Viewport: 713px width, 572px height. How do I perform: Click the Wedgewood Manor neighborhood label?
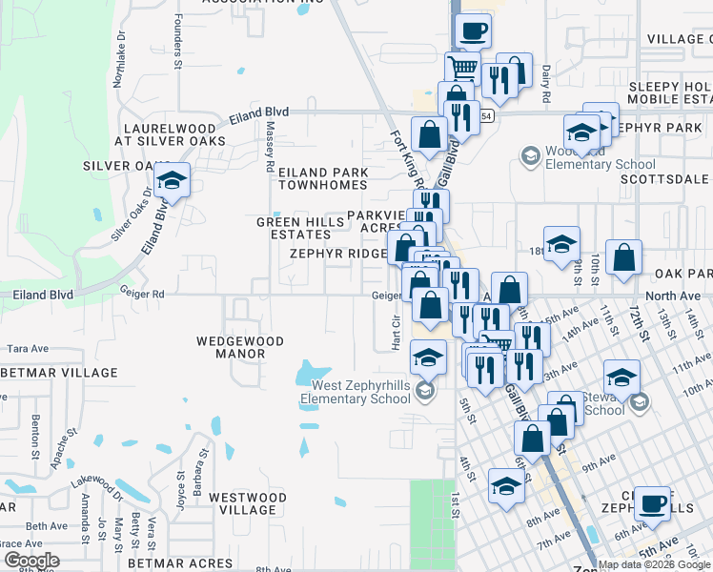[x=230, y=347]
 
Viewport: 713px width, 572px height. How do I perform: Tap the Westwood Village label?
[x=242, y=503]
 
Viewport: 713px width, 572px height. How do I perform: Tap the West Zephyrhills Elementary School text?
[x=360, y=392]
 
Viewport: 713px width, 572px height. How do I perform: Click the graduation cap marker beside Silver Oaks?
[x=173, y=180]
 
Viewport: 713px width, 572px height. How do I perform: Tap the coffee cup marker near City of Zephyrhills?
[x=652, y=504]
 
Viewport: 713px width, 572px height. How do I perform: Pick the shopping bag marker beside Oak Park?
[x=623, y=258]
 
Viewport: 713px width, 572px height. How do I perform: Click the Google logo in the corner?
[x=31, y=561]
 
